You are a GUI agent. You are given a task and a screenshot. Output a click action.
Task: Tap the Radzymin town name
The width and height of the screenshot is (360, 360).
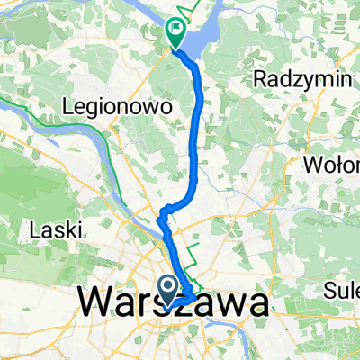[x=303, y=79]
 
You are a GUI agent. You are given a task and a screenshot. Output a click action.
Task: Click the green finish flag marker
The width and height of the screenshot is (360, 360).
[x=173, y=33]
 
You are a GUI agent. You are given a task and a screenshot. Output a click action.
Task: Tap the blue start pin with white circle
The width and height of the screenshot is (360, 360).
[x=168, y=288]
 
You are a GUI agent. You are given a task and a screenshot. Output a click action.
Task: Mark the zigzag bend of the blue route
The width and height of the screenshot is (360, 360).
[x=163, y=216]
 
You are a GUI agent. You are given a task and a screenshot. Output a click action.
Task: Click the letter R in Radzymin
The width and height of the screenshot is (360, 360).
[x=263, y=79]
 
